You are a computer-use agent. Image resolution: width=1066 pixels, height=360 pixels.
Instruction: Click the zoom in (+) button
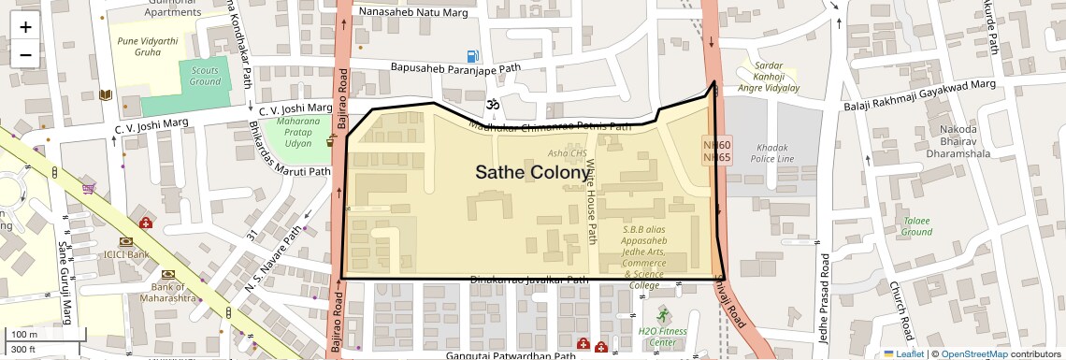coord(25,26)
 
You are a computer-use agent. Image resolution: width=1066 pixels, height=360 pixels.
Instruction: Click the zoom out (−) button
coord(25,54)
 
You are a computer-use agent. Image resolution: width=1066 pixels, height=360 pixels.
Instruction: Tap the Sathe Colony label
coord(532,172)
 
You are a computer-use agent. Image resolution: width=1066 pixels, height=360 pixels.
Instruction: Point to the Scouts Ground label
coord(205,76)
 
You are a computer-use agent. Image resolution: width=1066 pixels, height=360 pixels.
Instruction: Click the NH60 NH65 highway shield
coord(717,151)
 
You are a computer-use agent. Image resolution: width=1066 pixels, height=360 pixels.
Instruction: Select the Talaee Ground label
coord(917,225)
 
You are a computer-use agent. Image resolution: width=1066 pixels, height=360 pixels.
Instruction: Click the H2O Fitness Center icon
coord(664,313)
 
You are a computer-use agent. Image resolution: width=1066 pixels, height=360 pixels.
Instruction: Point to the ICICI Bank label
coord(127,253)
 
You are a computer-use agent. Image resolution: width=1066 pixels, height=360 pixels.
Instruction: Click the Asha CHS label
coord(567,153)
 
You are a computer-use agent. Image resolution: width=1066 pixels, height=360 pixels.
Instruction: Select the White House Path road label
coord(591,201)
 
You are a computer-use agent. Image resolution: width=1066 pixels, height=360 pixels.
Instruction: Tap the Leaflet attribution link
coord(904,353)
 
